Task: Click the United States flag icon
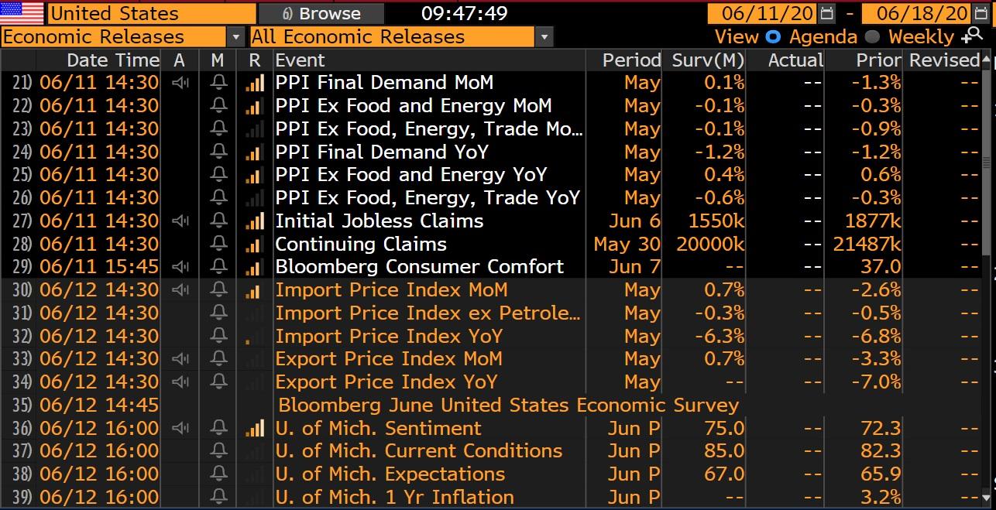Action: point(22,13)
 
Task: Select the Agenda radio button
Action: point(773,36)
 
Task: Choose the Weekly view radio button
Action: point(872,36)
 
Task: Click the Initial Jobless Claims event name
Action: point(380,221)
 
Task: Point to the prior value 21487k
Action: point(867,244)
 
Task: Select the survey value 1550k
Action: point(716,221)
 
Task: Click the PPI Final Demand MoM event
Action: point(384,83)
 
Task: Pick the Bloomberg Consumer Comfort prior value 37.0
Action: point(881,267)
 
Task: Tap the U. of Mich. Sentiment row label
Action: point(379,428)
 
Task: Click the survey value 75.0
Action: point(724,428)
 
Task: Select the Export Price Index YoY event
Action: point(386,382)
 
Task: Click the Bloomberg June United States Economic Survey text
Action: point(508,405)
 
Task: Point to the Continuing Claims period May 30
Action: point(627,244)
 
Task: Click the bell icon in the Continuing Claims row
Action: point(218,244)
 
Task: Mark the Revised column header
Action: point(943,60)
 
